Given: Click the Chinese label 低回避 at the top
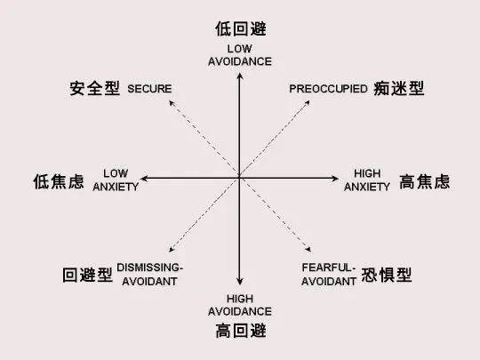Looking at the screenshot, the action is (240, 29).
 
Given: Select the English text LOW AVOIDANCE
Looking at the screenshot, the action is (240, 55).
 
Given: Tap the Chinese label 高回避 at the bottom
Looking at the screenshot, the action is (241, 331).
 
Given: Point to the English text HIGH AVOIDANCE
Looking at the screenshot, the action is (240, 305).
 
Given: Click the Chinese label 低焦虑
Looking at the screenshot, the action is (59, 181).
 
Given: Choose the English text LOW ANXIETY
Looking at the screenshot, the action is (116, 180).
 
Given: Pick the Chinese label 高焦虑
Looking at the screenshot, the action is (425, 181).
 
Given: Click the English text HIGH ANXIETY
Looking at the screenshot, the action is (367, 180).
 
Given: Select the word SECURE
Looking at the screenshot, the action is (149, 89).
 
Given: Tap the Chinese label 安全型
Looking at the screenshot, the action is (94, 88).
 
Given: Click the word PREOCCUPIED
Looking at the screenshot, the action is (328, 89).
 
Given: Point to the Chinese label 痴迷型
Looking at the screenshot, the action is (399, 88).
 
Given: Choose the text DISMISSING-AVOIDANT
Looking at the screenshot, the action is (149, 275).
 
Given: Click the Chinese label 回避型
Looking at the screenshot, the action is (87, 275).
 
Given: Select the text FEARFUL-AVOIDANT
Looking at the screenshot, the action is (329, 275).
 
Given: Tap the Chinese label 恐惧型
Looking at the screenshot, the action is (387, 275).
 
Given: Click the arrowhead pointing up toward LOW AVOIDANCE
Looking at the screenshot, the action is (240, 76).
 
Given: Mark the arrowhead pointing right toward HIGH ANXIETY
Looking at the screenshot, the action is (336, 178).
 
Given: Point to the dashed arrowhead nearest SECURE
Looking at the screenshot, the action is (172, 103).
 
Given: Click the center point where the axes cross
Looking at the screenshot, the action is (239, 178).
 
